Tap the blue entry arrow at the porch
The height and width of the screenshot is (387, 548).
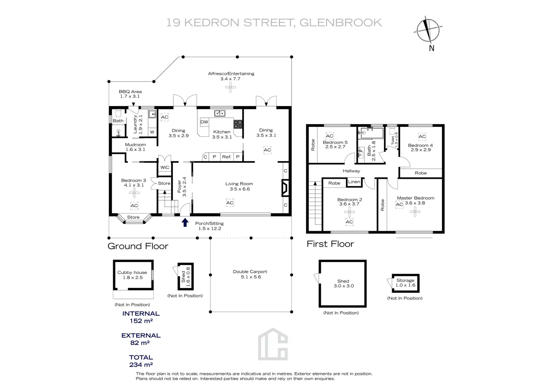(185, 222)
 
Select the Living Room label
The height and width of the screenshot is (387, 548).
(239, 184)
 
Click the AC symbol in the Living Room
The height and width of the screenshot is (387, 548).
(230, 203)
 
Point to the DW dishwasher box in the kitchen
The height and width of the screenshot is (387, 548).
(204, 122)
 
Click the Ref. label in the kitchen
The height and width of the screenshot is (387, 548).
(226, 157)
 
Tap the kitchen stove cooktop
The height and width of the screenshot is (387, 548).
(238, 124)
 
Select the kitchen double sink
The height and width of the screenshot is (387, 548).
(220, 113)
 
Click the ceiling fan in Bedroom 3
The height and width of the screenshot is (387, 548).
(134, 192)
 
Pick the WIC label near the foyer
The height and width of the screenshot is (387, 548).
(165, 168)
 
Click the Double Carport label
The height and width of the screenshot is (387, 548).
(250, 272)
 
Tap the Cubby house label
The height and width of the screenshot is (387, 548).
(132, 272)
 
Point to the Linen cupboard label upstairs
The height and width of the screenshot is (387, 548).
(354, 182)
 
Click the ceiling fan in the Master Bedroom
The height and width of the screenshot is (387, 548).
(415, 212)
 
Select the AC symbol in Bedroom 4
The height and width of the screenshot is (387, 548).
(422, 136)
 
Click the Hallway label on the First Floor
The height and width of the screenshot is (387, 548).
(351, 171)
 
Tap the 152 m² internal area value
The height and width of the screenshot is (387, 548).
(141, 321)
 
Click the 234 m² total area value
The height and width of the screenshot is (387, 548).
(141, 365)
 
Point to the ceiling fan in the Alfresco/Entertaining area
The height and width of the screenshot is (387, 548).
(230, 87)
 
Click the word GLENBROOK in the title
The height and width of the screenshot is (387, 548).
(341, 23)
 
